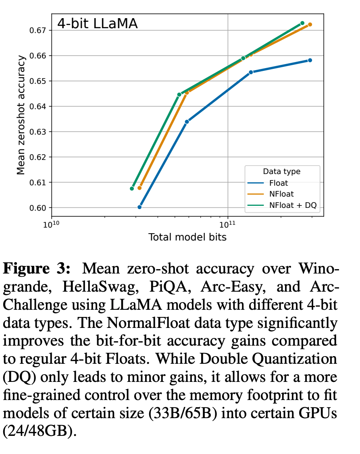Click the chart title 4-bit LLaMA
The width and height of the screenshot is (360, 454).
click(x=97, y=23)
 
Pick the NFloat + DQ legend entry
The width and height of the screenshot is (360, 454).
click(x=293, y=205)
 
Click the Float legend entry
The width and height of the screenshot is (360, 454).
click(x=279, y=183)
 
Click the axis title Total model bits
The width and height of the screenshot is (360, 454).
click(x=187, y=237)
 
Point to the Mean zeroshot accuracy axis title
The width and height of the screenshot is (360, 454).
click(x=21, y=115)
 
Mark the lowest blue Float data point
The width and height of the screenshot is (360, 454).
click(x=139, y=207)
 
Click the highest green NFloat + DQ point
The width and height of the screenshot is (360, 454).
click(x=302, y=23)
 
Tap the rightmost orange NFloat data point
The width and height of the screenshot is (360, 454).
click(x=310, y=25)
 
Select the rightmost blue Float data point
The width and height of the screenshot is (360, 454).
click(x=310, y=60)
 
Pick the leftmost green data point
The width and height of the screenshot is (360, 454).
click(x=132, y=189)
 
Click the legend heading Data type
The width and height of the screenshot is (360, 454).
click(x=281, y=171)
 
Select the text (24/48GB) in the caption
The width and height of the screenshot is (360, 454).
click(x=40, y=433)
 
